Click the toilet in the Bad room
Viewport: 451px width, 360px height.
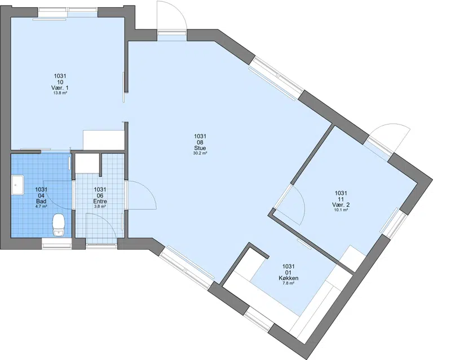tap(59, 225)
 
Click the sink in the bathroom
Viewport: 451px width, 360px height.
tap(17, 185)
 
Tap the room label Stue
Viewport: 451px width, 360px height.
tap(200, 148)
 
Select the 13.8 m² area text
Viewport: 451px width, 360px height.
tap(60, 93)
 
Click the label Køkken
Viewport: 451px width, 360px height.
tap(289, 278)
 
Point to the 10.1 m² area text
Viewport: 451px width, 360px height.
tap(341, 210)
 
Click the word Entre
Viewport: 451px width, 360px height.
tap(100, 201)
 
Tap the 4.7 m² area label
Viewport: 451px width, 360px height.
tap(41, 206)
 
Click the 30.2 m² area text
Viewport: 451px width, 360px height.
tap(200, 154)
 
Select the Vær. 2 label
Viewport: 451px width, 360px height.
tap(341, 205)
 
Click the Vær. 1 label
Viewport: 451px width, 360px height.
tap(60, 88)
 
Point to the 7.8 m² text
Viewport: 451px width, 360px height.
tap(289, 283)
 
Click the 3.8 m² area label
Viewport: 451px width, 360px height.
tap(100, 206)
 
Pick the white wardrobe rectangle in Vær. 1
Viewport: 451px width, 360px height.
tap(103, 140)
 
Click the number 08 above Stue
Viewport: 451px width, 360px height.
tap(200, 142)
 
